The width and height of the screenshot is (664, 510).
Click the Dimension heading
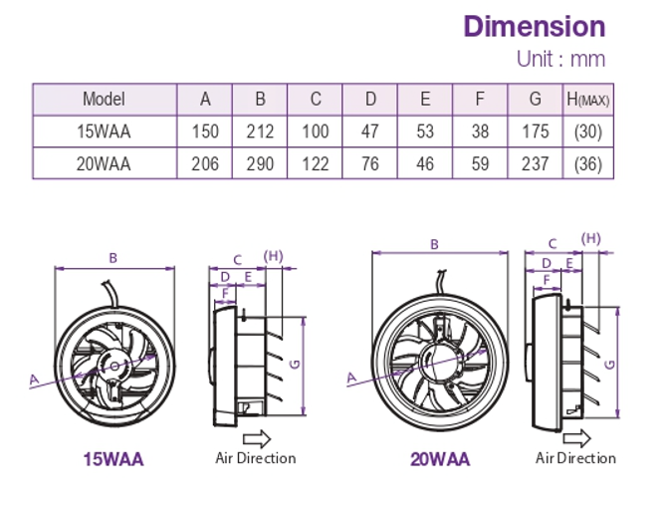pyautogui.click(x=534, y=26)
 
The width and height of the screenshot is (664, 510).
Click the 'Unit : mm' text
pyautogui.click(x=560, y=59)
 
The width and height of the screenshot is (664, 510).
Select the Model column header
pyautogui.click(x=104, y=99)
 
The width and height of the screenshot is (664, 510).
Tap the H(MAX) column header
pyautogui.click(x=587, y=99)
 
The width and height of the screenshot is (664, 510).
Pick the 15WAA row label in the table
pyautogui.click(x=104, y=130)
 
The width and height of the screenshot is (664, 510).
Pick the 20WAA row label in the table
pyautogui.click(x=104, y=163)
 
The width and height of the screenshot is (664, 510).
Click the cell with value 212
pyautogui.click(x=260, y=130)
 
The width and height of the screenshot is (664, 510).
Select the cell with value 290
pyautogui.click(x=260, y=163)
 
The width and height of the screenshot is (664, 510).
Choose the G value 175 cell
pyautogui.click(x=535, y=130)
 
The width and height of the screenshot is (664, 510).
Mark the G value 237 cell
pyautogui.click(x=535, y=163)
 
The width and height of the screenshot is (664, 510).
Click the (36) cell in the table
pyautogui.click(x=587, y=163)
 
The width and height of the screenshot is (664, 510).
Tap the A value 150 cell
pyautogui.click(x=205, y=130)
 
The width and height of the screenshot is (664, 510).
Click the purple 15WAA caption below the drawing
pyautogui.click(x=112, y=459)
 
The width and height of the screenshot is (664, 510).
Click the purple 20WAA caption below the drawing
pyautogui.click(x=439, y=459)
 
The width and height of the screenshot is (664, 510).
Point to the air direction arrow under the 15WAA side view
pyautogui.click(x=256, y=438)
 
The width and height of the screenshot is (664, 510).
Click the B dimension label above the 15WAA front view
pyautogui.click(x=113, y=258)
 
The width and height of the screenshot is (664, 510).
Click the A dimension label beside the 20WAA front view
pyautogui.click(x=350, y=378)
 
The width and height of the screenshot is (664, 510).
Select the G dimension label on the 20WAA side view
pyautogui.click(x=609, y=364)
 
